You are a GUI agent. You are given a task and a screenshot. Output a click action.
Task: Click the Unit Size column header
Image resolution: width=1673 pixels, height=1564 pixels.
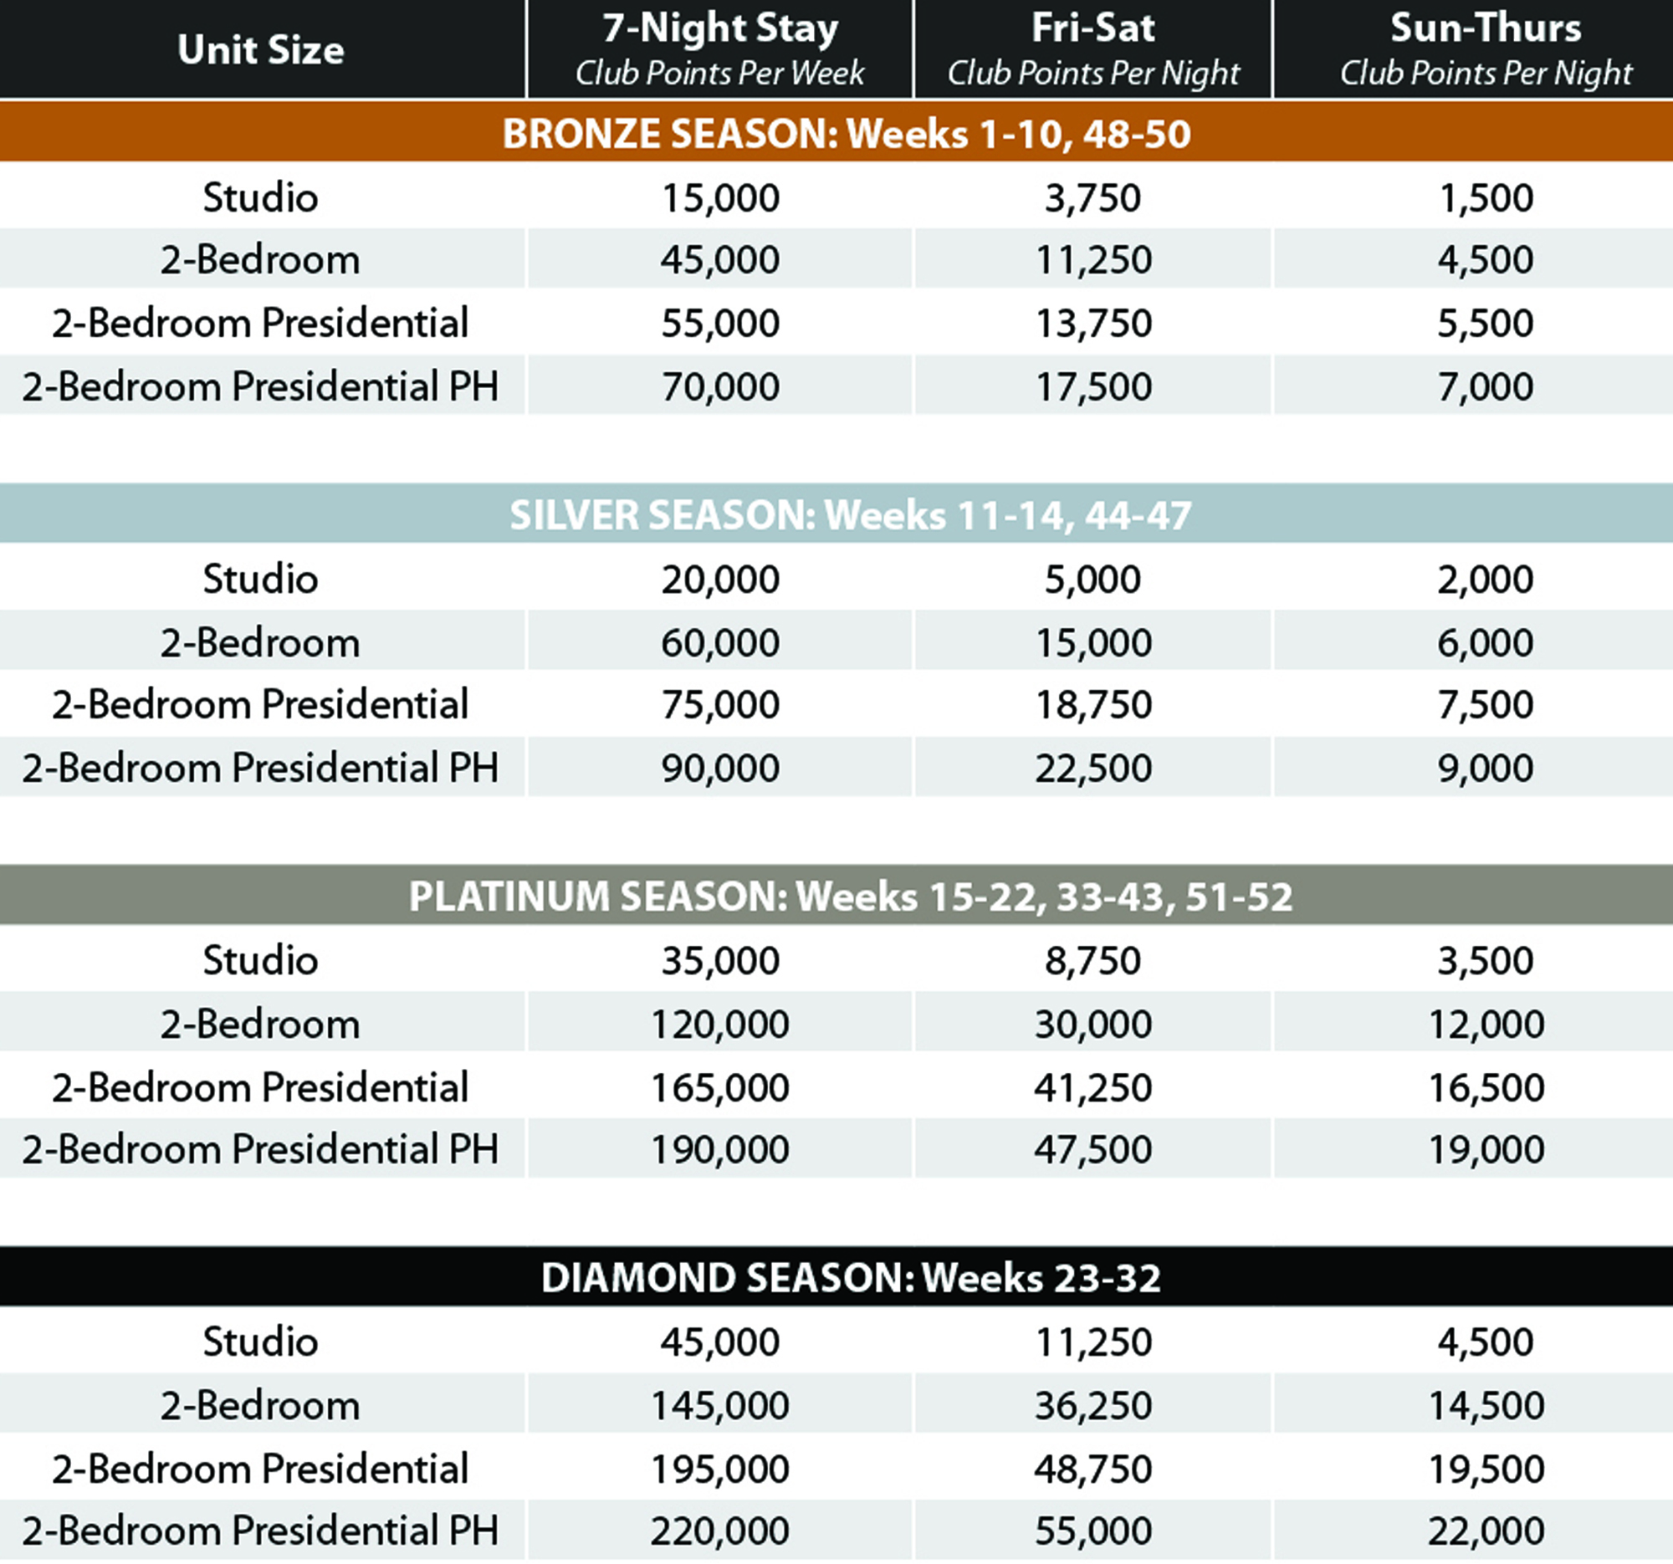[x=261, y=49]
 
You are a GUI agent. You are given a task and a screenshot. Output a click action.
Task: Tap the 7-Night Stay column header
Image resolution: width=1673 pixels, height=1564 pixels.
[x=719, y=49]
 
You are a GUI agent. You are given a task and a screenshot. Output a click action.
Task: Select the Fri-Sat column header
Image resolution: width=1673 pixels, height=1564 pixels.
[x=1093, y=49]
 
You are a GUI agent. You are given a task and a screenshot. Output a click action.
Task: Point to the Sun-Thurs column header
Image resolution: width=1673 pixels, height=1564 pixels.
[x=1486, y=49]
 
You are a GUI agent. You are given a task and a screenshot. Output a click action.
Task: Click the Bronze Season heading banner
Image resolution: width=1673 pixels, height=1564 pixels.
[x=846, y=134]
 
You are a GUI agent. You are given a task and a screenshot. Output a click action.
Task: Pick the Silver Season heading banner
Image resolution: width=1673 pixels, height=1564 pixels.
[x=850, y=515]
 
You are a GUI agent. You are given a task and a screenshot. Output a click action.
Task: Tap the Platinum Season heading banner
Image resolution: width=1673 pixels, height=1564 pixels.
[x=850, y=896]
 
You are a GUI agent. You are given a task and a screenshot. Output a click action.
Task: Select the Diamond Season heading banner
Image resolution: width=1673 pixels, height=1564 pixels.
[x=850, y=1277]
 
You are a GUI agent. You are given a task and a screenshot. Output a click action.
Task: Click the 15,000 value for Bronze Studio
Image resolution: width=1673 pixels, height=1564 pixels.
[x=720, y=197]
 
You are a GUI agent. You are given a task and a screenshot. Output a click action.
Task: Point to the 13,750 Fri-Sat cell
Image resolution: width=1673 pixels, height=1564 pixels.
[x=1093, y=323]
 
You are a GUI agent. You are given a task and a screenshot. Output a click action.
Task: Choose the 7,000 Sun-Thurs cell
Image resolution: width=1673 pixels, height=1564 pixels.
[x=1486, y=386]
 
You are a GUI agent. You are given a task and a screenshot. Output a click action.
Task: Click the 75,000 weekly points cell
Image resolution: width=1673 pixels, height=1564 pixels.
[x=720, y=704]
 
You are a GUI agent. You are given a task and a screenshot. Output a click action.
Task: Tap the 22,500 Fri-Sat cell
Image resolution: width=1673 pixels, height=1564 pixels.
[x=1093, y=767]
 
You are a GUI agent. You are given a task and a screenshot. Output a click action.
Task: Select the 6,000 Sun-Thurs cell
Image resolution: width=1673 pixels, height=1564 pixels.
[x=1486, y=643]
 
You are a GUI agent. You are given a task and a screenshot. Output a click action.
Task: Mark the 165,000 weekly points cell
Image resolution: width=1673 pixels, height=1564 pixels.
[x=720, y=1087]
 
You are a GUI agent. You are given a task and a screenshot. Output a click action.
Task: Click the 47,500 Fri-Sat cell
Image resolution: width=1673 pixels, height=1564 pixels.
[x=1093, y=1149]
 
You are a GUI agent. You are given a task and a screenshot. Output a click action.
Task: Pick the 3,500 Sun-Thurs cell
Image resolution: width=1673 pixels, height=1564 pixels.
[x=1486, y=960]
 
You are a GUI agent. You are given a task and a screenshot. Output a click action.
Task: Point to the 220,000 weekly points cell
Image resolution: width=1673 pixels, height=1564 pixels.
[x=720, y=1531]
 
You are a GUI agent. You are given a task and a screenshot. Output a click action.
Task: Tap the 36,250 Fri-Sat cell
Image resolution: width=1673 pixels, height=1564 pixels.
[x=1093, y=1405]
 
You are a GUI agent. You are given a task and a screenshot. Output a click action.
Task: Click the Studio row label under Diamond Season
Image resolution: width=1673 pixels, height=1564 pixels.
[x=261, y=1341]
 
